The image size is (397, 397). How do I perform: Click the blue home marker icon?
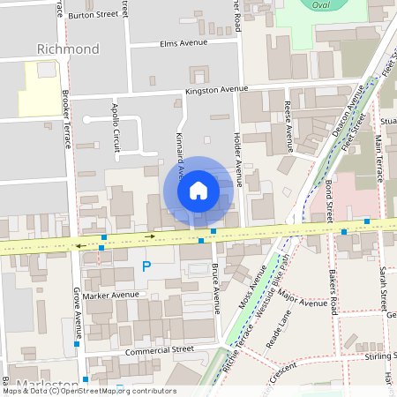(198, 190)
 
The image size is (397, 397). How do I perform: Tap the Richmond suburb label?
(68, 49)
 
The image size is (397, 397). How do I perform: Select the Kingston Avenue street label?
(214, 90)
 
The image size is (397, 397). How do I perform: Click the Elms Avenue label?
(184, 42)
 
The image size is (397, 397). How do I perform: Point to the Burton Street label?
(93, 15)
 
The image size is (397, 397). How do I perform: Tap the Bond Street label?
(328, 201)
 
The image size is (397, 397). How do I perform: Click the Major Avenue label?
(301, 303)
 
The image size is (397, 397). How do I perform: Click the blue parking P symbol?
(146, 265)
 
